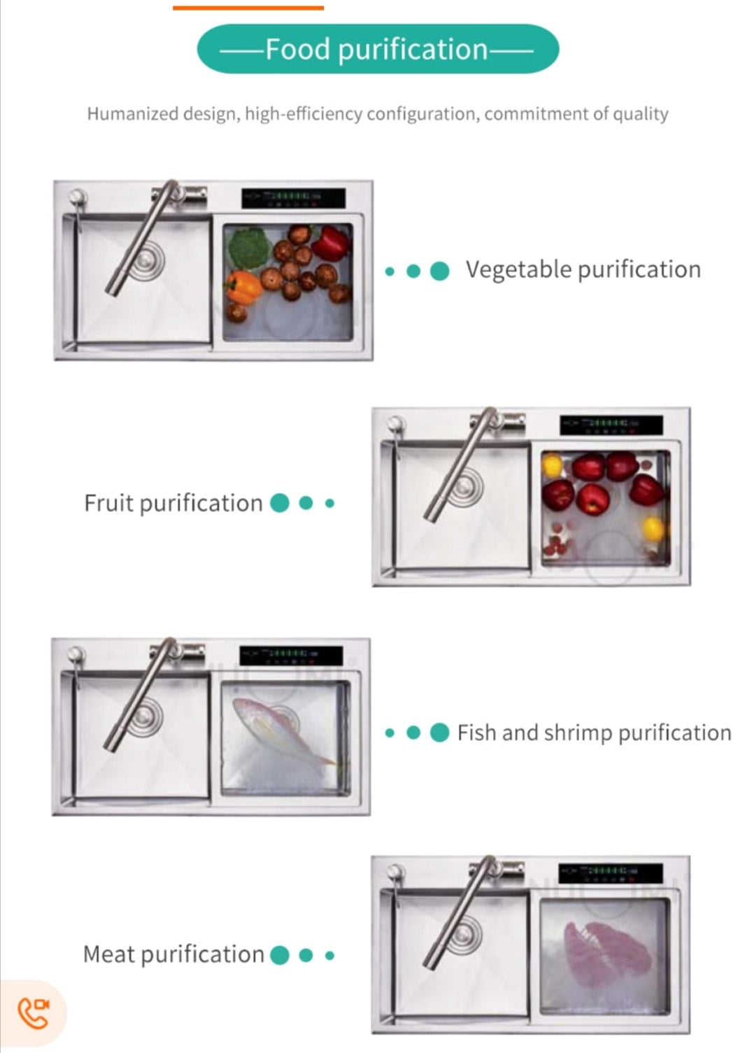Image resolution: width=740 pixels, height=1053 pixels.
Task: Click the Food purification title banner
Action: (x=378, y=49)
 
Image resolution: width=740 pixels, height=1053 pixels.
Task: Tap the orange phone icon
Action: (x=33, y=1013)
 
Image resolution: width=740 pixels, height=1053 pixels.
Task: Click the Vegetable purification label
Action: (x=583, y=269)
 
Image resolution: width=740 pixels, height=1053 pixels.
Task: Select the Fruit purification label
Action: (x=173, y=503)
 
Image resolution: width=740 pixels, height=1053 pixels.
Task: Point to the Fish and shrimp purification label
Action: (x=594, y=733)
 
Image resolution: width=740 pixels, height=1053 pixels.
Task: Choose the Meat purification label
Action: (x=173, y=954)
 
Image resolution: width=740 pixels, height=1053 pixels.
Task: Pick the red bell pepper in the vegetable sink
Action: (x=331, y=242)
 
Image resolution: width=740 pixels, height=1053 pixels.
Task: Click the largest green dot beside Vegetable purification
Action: (x=439, y=271)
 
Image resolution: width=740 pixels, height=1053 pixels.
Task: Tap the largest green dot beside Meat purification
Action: (x=280, y=955)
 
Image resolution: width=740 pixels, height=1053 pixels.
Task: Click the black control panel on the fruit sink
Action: (x=611, y=425)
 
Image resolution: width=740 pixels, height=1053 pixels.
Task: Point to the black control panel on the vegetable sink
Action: (x=293, y=198)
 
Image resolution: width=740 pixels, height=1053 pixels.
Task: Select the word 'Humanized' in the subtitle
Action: (x=132, y=113)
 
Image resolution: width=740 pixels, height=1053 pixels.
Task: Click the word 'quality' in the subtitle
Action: (x=641, y=113)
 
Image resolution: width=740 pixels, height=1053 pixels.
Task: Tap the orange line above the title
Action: (x=248, y=8)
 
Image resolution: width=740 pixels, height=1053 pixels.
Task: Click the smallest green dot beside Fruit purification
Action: (x=330, y=503)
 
